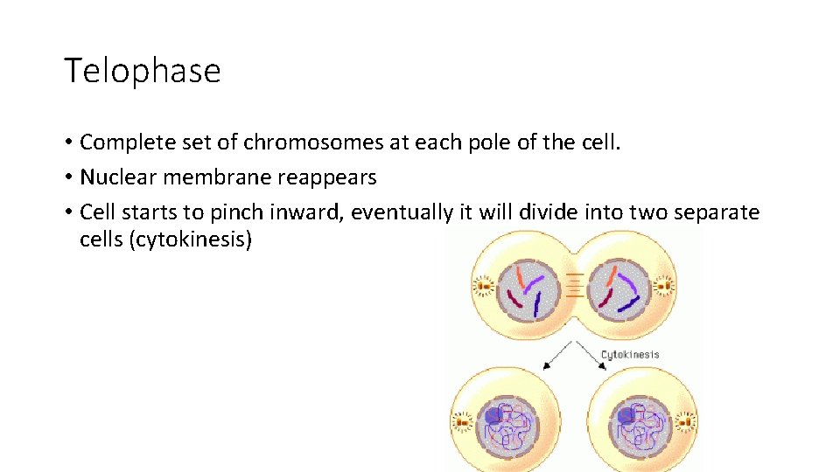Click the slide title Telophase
[x=142, y=70]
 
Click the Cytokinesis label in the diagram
[x=629, y=355]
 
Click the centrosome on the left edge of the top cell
[x=481, y=285]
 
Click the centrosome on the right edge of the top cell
[x=666, y=285]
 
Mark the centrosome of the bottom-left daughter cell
[x=461, y=423]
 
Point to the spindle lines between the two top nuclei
[x=573, y=286]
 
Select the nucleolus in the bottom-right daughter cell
[x=628, y=416]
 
